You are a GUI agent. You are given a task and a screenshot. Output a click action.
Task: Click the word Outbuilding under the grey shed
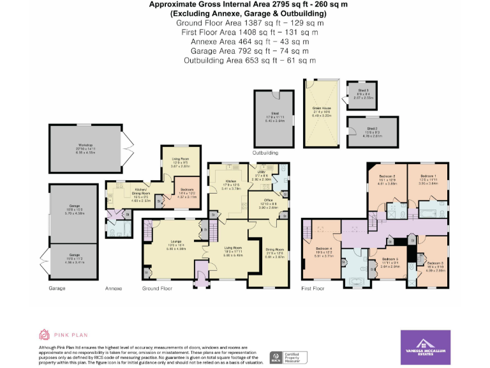[266, 153]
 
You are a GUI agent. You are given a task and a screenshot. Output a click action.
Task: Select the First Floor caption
[313, 288]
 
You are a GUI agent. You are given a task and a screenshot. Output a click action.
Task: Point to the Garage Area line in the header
[245, 51]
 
